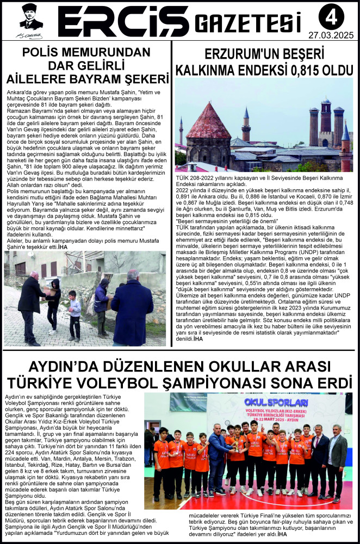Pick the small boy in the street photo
coord(75,312)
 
